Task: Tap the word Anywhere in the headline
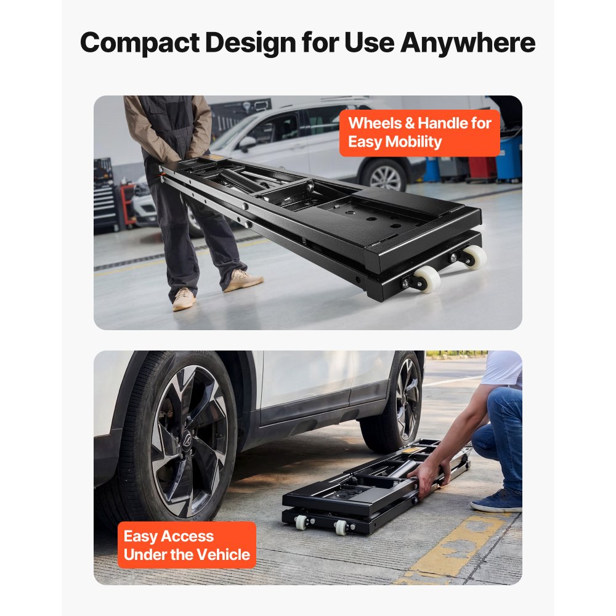[468, 43]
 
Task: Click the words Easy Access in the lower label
[168, 536]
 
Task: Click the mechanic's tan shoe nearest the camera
[183, 299]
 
